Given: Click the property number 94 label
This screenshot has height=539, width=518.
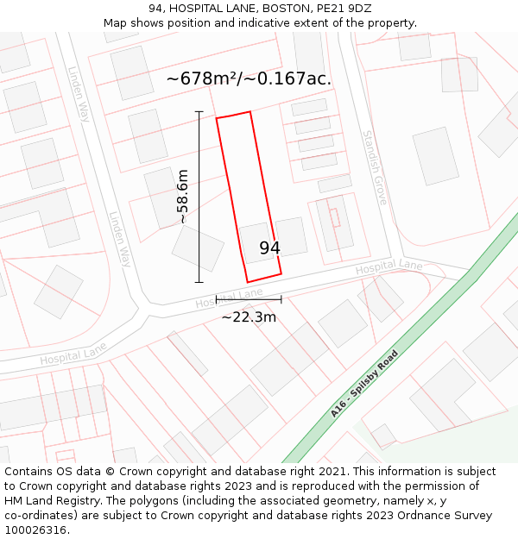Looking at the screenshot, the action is [269, 248].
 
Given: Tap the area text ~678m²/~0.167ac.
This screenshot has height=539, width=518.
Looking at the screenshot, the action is [249, 78].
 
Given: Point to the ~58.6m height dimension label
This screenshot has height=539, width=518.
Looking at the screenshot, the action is [182, 197].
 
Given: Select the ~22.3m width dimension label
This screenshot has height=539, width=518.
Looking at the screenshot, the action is [249, 317].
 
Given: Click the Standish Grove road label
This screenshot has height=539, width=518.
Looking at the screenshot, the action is [374, 167].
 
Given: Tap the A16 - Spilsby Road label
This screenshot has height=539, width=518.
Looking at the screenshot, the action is [363, 384].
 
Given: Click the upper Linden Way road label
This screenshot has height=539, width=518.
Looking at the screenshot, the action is [79, 94].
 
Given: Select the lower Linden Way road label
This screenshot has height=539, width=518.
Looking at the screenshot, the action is [119, 240].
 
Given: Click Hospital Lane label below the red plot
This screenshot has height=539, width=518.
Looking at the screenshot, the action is [229, 298].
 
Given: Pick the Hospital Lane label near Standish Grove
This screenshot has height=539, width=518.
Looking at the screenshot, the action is [389, 267].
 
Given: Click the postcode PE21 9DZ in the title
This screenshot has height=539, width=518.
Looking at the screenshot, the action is [344, 9].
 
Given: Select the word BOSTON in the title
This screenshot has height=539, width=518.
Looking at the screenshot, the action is [282, 9].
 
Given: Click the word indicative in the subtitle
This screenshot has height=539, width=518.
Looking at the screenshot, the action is [274, 23].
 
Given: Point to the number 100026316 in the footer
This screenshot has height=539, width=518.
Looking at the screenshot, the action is [36, 530].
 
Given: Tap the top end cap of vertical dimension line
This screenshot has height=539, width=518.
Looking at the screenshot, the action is [199, 112].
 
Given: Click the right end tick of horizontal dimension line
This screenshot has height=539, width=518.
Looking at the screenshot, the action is [281, 299].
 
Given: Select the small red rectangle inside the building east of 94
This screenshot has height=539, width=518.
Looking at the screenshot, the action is [335, 217].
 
